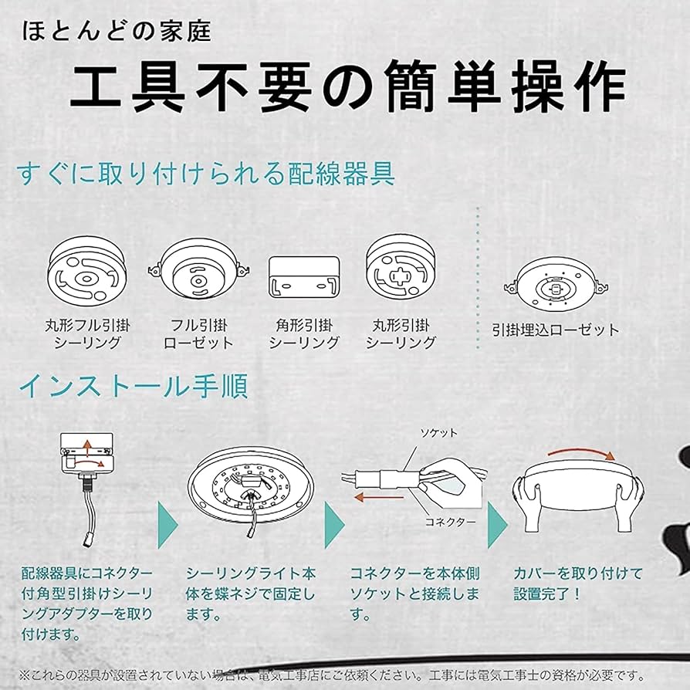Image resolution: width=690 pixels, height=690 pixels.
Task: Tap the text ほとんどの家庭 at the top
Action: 116,32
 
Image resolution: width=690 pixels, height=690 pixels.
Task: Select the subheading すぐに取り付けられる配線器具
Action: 206,174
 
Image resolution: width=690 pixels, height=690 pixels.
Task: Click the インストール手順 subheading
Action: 133,386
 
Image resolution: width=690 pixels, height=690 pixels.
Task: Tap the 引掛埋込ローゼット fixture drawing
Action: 556,286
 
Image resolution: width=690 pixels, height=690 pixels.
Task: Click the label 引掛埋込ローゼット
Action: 556,330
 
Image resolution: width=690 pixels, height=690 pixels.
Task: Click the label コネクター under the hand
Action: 452,521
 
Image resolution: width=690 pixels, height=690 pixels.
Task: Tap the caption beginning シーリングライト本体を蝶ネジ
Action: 251,594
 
